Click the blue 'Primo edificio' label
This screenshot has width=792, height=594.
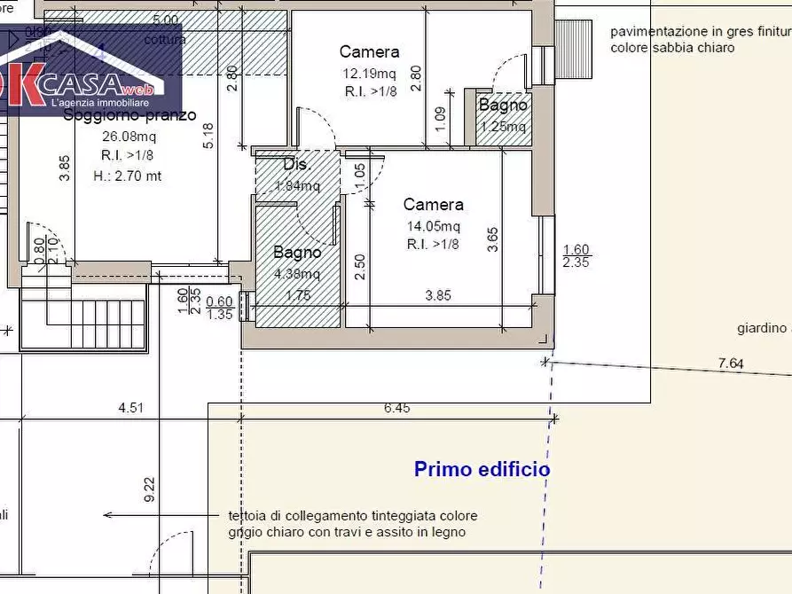pyautogui.click(x=482, y=470)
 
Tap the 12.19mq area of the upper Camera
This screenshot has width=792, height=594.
pyautogui.click(x=369, y=74)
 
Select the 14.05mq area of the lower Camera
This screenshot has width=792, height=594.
pyautogui.click(x=433, y=226)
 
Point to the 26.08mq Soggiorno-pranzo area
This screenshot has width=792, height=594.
pyautogui.click(x=129, y=137)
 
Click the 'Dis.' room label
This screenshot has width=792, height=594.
pyautogui.click(x=294, y=165)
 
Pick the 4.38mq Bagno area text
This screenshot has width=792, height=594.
pyautogui.click(x=296, y=273)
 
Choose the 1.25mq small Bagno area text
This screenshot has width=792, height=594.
pyautogui.click(x=503, y=127)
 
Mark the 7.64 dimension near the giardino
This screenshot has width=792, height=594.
pyautogui.click(x=731, y=363)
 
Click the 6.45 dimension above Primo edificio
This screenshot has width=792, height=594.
pyautogui.click(x=396, y=409)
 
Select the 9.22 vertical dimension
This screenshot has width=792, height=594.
pyautogui.click(x=148, y=490)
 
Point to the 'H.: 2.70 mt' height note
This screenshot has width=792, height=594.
pyautogui.click(x=128, y=176)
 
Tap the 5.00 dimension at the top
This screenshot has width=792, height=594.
pyautogui.click(x=165, y=20)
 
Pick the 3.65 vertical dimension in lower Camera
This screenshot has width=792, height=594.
pyautogui.click(x=493, y=240)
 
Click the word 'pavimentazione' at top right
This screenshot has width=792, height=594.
pyautogui.click(x=655, y=31)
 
